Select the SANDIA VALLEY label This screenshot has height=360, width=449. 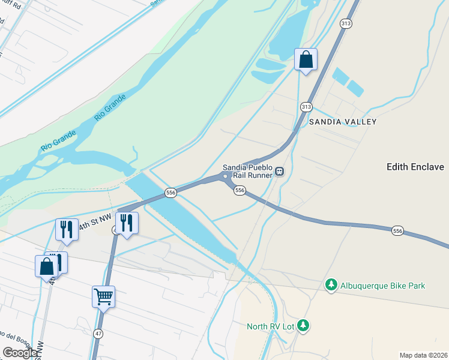pos(342,122)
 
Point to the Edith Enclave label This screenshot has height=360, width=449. pos(415,167)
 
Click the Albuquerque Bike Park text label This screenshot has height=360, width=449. pos(382,286)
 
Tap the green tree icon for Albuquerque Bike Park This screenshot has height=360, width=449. pos(331,284)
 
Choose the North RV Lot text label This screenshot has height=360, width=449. pos(273,326)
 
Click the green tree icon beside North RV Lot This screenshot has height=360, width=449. pos(304,326)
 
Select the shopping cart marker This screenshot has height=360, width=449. pos(103,296)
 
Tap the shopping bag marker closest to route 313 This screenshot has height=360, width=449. pos(306,59)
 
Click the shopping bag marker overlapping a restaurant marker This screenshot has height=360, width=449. pos(46,267)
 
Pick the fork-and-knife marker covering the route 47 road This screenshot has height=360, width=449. pos(126,223)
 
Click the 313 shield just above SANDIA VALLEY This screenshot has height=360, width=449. pos(306,107)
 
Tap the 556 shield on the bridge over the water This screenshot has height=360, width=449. pos(171,193)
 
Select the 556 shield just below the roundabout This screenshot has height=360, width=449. pos(240,190)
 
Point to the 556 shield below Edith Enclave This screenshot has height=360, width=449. pos(397,231)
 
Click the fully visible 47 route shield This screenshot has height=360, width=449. pos(98,332)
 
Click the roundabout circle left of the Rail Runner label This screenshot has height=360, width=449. pos(224,176)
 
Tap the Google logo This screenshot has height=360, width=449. pos(20,353)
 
